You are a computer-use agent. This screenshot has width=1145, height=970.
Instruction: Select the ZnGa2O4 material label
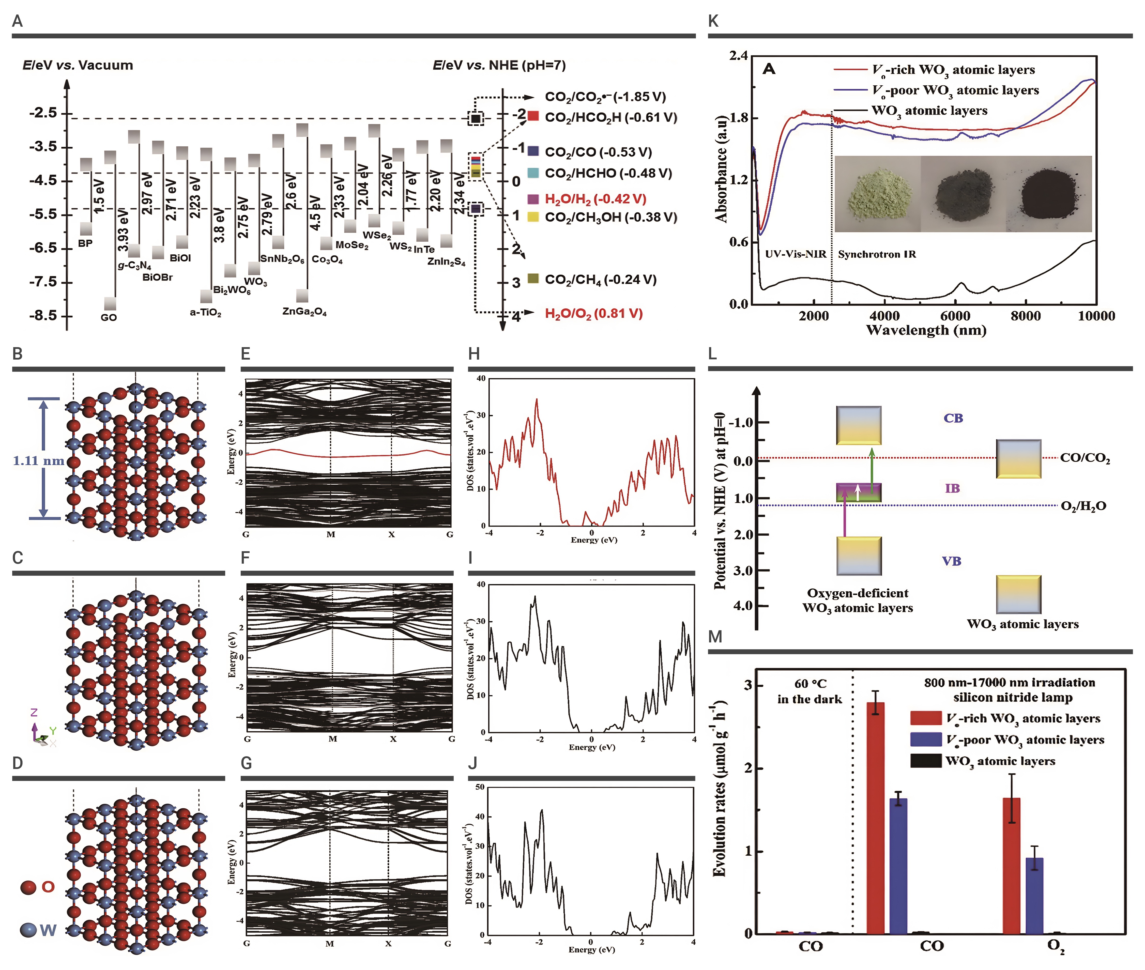tap(304, 312)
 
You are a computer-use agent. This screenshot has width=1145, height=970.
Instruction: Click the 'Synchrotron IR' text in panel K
tap(877, 254)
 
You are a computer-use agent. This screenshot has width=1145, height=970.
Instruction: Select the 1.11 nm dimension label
tap(38, 461)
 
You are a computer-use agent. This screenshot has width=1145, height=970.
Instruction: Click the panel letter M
tap(715, 637)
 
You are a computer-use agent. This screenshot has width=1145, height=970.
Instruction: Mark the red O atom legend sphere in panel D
tap(29, 887)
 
